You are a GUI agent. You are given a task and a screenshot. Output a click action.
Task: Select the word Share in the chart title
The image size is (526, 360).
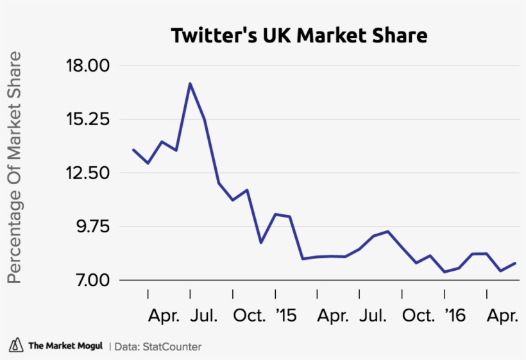tap(400, 35)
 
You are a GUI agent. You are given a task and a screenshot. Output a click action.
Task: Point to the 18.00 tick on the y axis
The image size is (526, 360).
tap(86, 66)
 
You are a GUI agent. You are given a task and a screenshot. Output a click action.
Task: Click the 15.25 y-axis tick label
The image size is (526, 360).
tap(86, 120)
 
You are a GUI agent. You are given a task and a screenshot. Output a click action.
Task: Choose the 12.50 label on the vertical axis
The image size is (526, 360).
tap(86, 173)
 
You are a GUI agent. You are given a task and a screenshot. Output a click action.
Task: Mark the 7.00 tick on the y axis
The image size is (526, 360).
tap(89, 280)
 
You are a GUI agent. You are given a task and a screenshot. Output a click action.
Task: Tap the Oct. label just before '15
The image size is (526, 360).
tap(248, 316)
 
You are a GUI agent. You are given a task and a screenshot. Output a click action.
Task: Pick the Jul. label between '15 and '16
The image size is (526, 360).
tap(373, 316)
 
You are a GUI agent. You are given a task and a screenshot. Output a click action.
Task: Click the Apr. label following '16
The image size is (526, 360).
tap(502, 316)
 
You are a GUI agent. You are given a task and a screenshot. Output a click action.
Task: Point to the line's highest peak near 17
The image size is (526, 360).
tap(190, 83)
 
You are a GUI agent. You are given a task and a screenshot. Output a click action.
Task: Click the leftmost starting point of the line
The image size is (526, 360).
tap(133, 150)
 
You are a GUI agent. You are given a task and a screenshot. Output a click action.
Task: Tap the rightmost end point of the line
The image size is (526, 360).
tap(516, 262)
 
